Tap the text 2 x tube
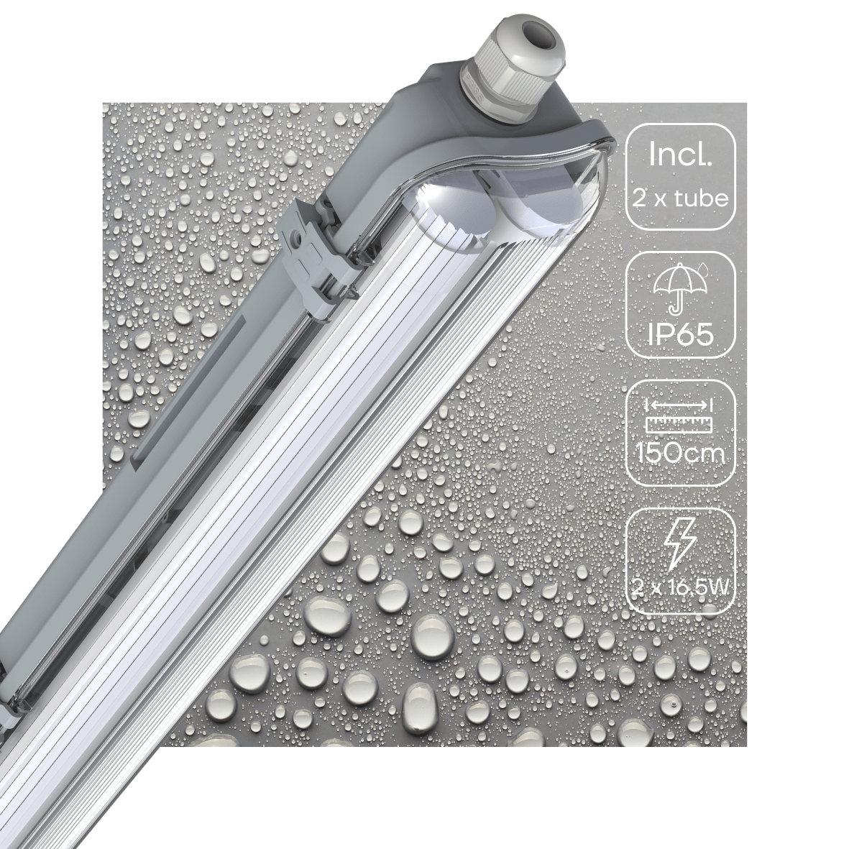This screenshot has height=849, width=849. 680,196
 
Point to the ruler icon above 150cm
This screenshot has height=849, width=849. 679,425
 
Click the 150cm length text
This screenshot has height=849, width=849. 680,454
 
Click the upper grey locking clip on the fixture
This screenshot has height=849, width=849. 314,263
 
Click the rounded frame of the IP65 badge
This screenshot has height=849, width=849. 626,306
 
